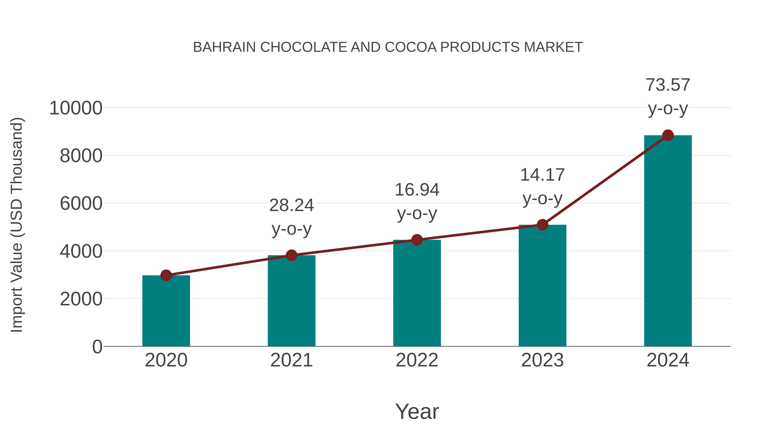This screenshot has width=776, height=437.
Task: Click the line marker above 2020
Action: pyautogui.click(x=166, y=275)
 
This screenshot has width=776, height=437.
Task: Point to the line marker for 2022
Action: pyautogui.click(x=417, y=240)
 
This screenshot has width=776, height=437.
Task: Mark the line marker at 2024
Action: pyautogui.click(x=668, y=135)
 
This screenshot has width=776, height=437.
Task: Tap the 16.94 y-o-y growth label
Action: pyautogui.click(x=417, y=202)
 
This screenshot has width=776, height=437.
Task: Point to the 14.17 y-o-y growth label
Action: pyautogui.click(x=542, y=186)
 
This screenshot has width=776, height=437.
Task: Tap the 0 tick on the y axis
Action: pyautogui.click(x=97, y=347)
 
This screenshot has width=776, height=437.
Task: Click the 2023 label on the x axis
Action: pyautogui.click(x=542, y=360)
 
